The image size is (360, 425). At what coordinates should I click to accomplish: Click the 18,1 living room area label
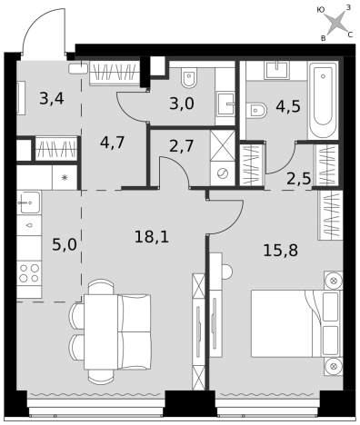[x=152, y=236]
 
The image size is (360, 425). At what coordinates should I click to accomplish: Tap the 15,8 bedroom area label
[x=281, y=251]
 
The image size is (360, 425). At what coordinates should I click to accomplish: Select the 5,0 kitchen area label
[x=65, y=244]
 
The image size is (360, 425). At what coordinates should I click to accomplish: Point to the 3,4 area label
[x=52, y=99]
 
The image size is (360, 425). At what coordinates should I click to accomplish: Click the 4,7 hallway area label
[x=113, y=143]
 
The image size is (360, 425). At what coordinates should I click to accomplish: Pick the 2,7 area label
[x=182, y=146]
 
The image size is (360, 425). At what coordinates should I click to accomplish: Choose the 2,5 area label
[x=299, y=179]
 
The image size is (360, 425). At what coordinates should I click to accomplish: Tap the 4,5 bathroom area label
[x=288, y=106]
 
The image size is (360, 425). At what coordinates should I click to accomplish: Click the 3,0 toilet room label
[x=182, y=104]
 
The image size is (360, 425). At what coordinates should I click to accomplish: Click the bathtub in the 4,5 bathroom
[x=324, y=100]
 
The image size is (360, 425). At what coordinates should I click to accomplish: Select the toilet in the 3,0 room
[x=189, y=77]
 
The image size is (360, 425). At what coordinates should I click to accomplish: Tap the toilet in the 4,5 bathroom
[x=256, y=110]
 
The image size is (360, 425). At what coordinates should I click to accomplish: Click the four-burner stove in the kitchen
[x=29, y=272]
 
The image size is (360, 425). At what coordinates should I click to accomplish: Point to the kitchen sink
[x=29, y=203]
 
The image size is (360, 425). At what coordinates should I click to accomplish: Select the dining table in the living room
[x=101, y=331]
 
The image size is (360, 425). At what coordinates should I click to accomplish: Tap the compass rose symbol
[x=335, y=24]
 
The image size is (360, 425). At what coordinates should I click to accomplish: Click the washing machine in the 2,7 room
[x=223, y=173]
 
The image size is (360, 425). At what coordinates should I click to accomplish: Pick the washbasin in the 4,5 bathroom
[x=276, y=70]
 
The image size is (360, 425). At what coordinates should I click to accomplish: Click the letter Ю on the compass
[x=321, y=10]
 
